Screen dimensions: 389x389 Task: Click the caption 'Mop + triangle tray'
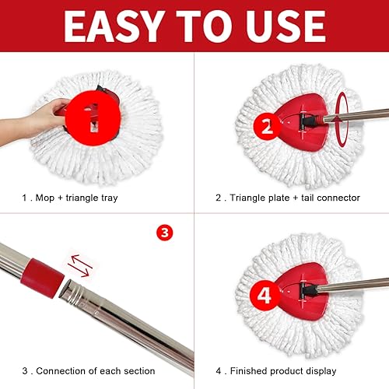[x=73, y=198]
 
